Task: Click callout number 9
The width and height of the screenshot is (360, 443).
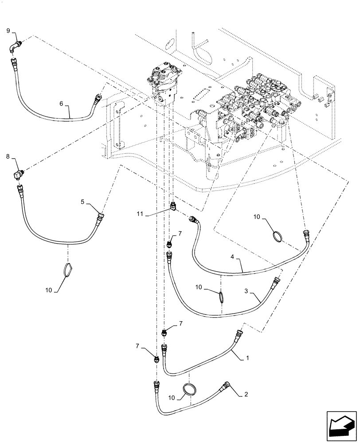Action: [x=8, y=30]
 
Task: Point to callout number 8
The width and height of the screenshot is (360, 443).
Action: [x=8, y=156]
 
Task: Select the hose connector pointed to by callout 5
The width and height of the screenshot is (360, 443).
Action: [x=101, y=217]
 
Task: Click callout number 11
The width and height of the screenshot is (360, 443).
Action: [x=140, y=214]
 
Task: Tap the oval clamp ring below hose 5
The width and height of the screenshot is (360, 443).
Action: [x=67, y=270]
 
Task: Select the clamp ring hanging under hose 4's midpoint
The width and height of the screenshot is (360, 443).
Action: [x=220, y=296]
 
